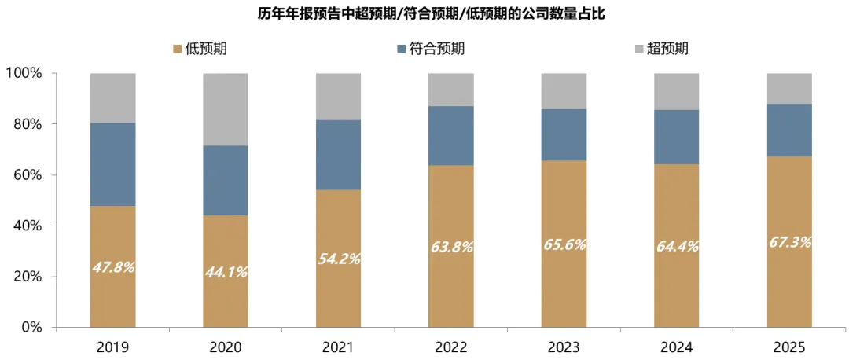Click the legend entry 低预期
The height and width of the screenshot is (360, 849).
(x=200, y=49)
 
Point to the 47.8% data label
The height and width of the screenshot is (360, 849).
(x=112, y=266)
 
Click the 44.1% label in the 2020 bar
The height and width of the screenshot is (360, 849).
(x=226, y=272)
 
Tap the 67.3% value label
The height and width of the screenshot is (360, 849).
(x=789, y=241)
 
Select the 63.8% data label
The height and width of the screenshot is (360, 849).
(x=451, y=247)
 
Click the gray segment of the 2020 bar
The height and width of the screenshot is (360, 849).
(x=226, y=109)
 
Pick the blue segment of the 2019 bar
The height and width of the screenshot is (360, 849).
(x=112, y=164)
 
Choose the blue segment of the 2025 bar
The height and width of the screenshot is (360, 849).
(x=789, y=130)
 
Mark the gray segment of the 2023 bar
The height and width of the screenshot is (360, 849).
(x=564, y=91)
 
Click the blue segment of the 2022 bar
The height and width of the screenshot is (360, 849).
(x=451, y=135)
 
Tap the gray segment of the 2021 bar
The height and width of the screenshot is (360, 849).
(x=338, y=97)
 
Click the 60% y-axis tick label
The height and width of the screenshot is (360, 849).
(x=27, y=175)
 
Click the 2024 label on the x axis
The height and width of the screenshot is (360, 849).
(x=676, y=347)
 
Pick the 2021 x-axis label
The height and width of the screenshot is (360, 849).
(x=338, y=347)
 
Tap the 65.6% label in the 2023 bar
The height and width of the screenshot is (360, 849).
(x=564, y=244)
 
